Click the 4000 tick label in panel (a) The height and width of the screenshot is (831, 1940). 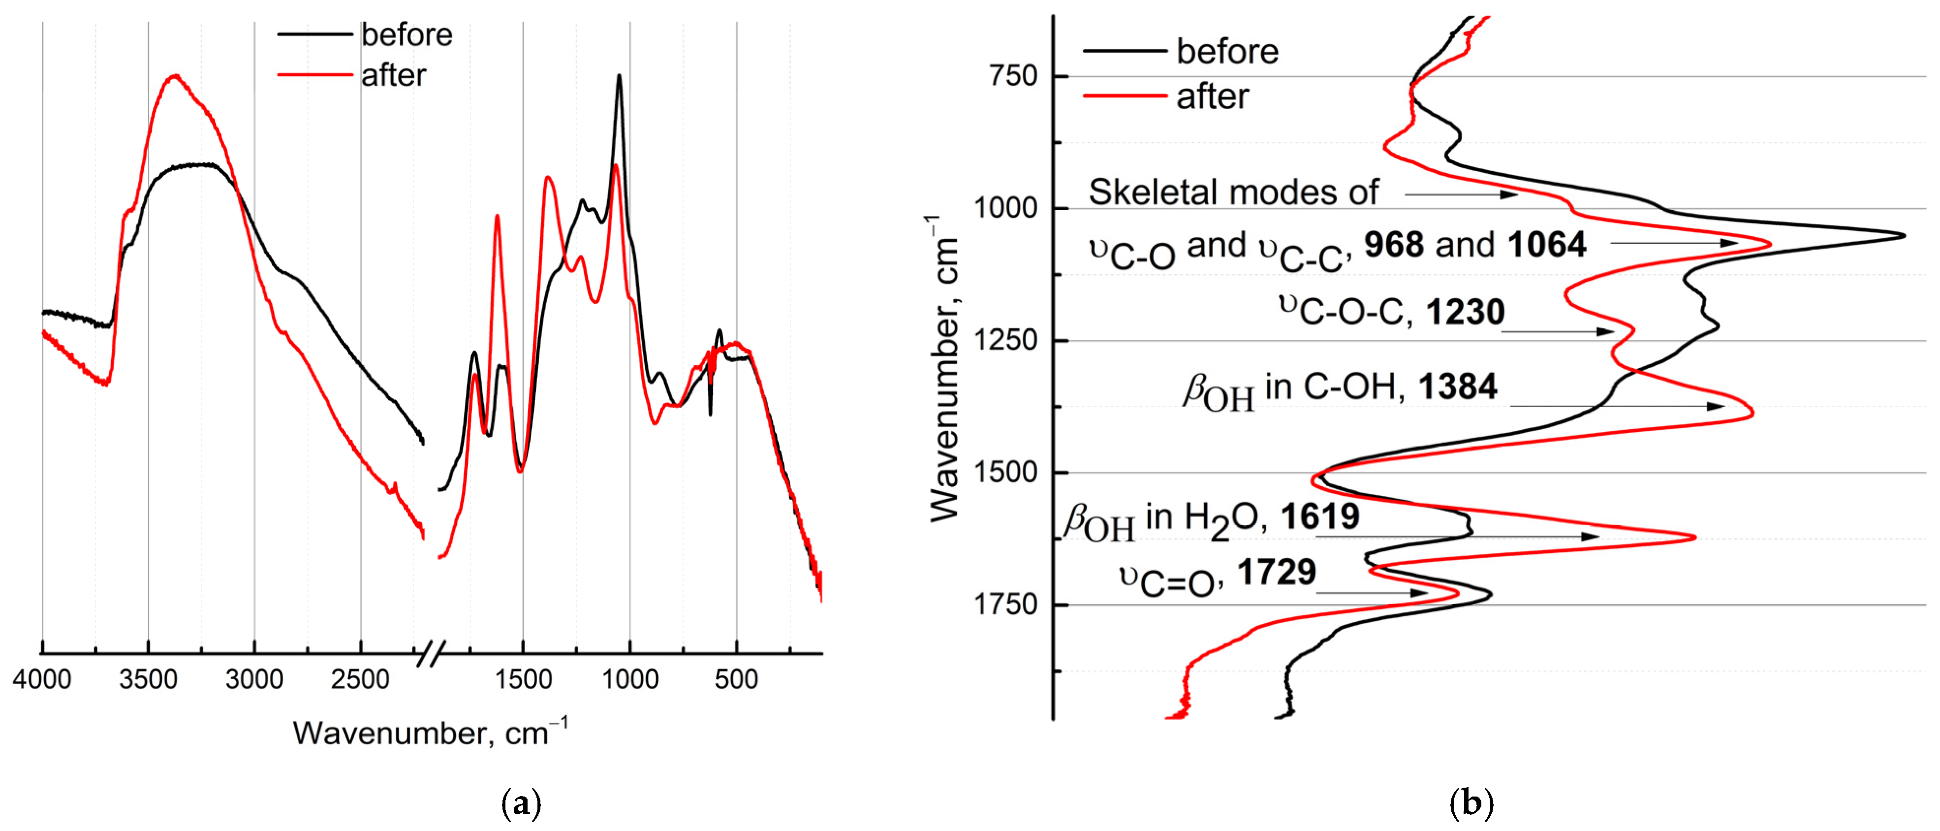click(x=42, y=679)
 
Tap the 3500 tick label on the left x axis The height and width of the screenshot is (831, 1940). click(x=148, y=679)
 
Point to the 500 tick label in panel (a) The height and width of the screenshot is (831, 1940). click(x=736, y=679)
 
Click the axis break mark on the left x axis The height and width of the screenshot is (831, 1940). click(x=431, y=653)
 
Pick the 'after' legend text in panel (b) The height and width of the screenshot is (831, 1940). click(x=1213, y=96)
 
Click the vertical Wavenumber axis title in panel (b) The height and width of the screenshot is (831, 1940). click(x=943, y=369)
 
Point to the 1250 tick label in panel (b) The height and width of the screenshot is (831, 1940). click(x=1006, y=341)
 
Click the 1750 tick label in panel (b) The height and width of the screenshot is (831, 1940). click(x=1006, y=604)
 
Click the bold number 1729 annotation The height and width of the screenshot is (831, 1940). click(x=1277, y=572)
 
